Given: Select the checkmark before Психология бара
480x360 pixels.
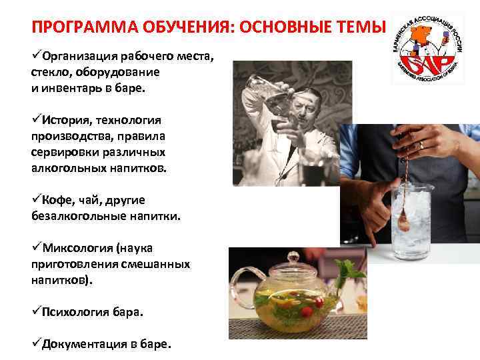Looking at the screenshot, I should pos(36,312).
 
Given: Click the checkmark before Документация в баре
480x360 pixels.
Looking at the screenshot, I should pos(36,344).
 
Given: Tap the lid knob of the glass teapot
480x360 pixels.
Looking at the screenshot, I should pos(293,257).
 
